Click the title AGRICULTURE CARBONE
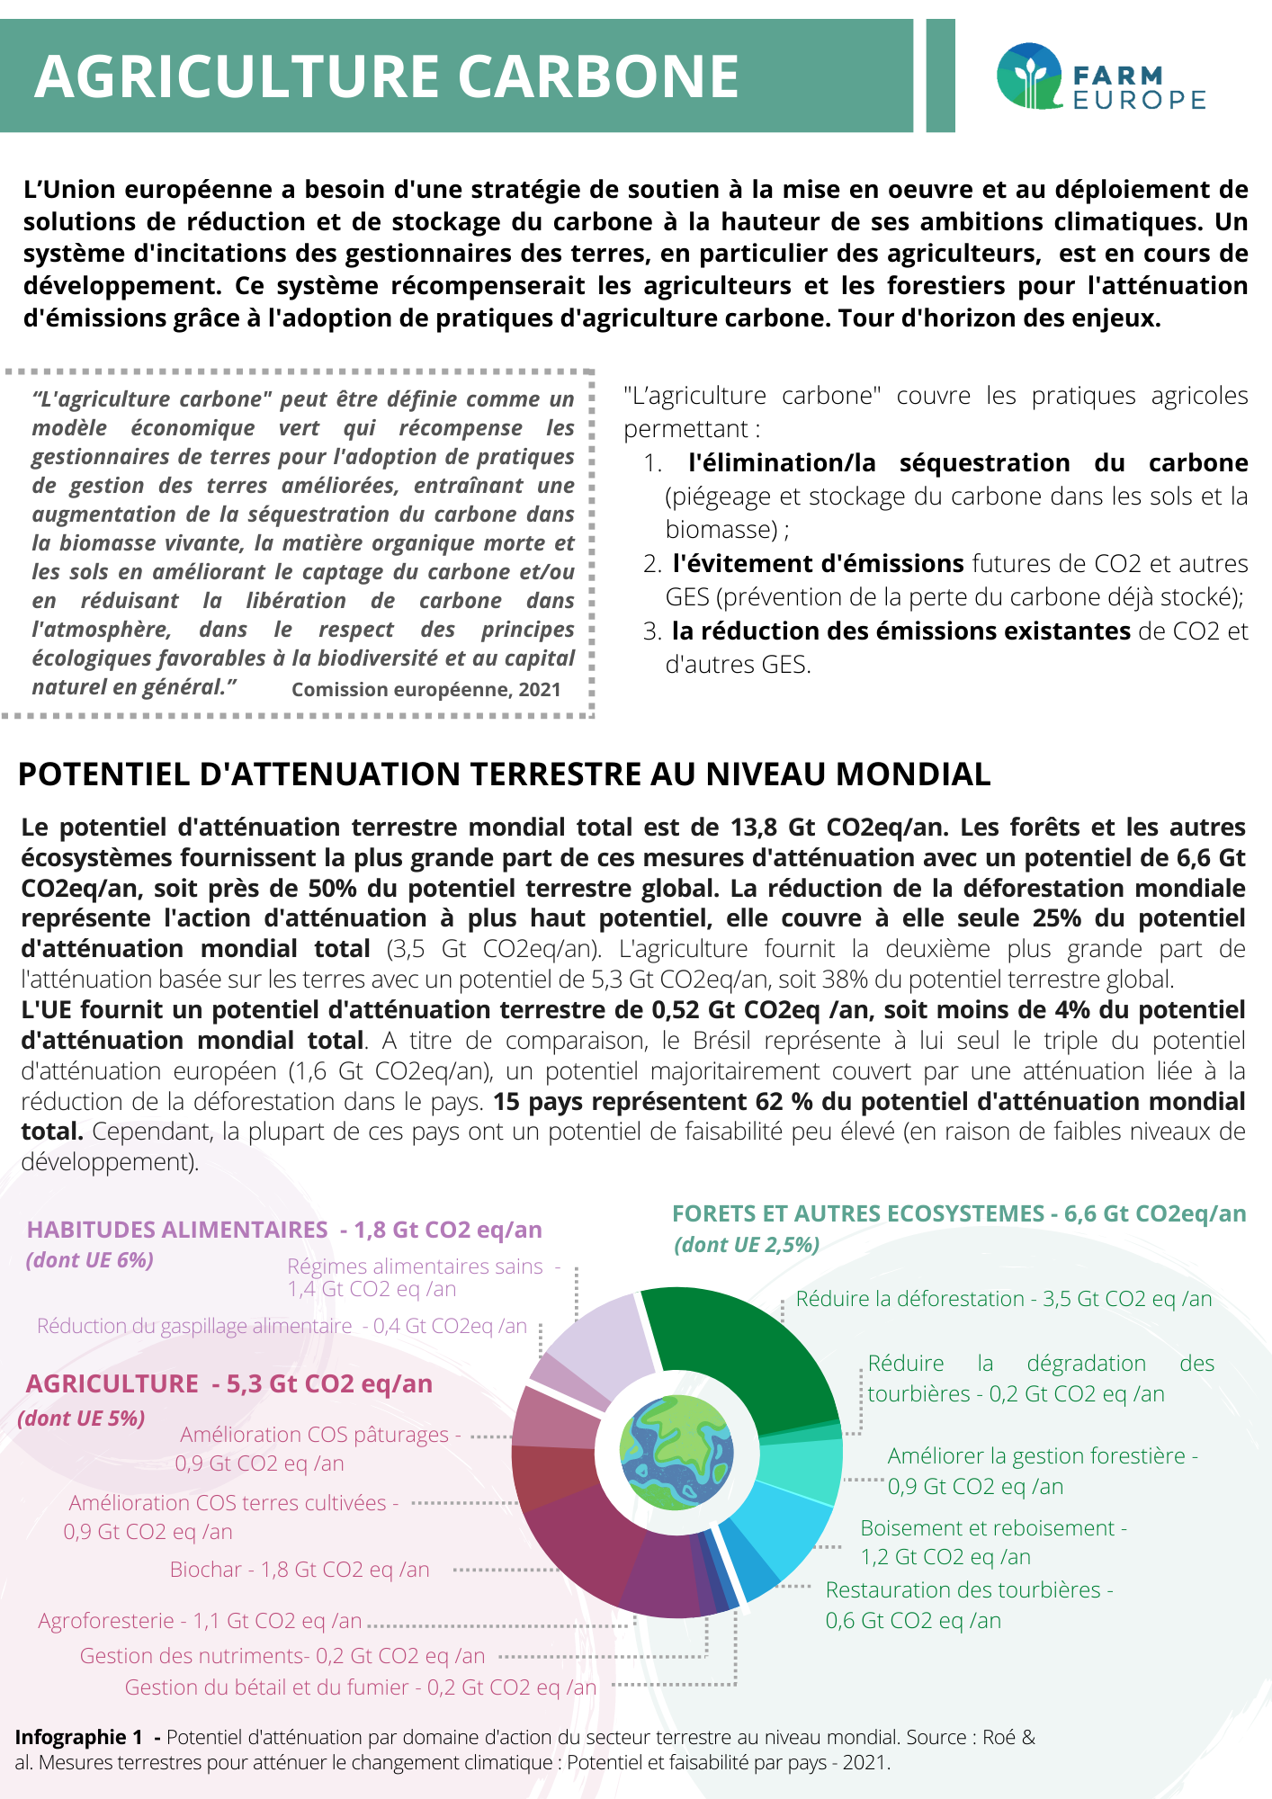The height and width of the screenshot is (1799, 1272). tap(387, 76)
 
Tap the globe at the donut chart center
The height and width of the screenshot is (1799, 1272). tap(676, 1452)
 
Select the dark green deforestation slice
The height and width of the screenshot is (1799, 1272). tap(738, 1349)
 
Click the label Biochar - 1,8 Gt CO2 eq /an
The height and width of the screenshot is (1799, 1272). tap(300, 1570)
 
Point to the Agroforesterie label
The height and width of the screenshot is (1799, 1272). tap(200, 1621)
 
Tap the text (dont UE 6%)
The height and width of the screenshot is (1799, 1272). tap(90, 1260)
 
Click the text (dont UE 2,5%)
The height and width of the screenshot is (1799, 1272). tap(747, 1245)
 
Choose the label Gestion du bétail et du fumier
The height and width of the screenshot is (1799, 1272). tap(360, 1687)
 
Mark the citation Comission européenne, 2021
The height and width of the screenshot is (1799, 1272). tap(425, 690)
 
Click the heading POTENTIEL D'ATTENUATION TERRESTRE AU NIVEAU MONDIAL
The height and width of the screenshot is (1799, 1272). tap(504, 774)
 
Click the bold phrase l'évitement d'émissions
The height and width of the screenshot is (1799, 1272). tap(818, 564)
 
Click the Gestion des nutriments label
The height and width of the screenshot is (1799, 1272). tap(282, 1656)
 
